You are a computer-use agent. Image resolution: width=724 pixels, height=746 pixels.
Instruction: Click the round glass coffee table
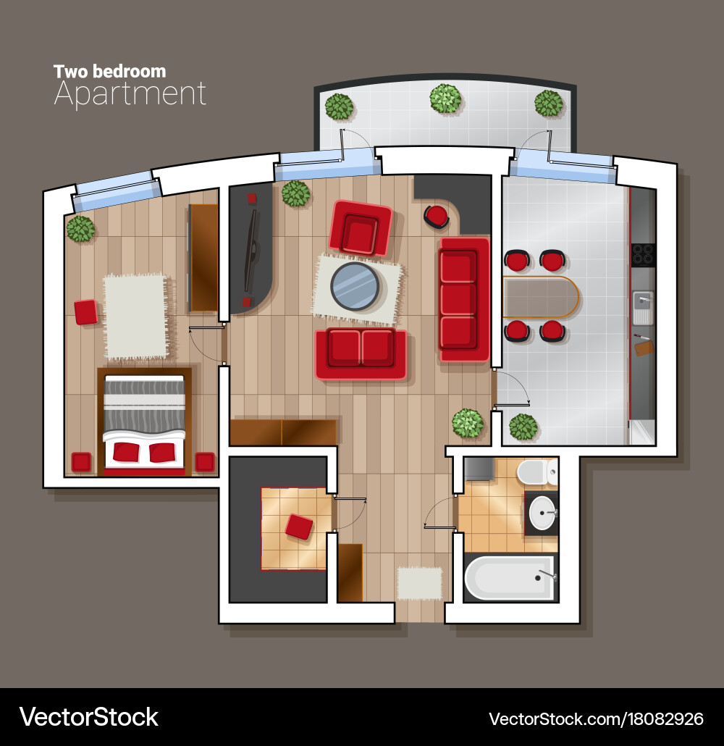click(x=355, y=285)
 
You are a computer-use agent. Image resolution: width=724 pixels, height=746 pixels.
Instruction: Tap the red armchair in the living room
click(x=360, y=228)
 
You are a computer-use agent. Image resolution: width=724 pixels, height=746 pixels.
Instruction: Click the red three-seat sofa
click(x=458, y=298)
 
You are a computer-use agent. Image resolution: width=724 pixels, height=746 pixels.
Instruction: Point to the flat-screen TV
click(x=251, y=250)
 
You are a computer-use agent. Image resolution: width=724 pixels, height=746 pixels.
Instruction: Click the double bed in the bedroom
click(x=143, y=422)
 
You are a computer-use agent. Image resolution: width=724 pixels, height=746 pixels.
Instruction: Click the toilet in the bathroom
click(x=536, y=473)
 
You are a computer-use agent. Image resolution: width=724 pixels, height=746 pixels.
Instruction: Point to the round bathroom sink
click(x=542, y=514)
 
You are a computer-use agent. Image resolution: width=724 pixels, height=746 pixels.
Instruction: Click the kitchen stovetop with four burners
click(x=641, y=253)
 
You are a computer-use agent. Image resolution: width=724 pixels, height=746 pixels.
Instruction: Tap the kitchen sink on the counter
click(x=642, y=307)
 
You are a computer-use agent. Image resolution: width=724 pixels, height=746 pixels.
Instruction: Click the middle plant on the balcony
click(x=445, y=99)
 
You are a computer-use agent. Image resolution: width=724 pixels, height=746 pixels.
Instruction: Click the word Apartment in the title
click(x=130, y=95)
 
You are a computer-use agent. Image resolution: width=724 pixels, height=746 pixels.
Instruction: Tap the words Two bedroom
click(x=109, y=71)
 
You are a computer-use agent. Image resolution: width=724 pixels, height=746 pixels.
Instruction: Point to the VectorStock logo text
click(x=88, y=717)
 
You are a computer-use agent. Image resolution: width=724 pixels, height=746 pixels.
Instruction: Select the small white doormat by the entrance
click(x=419, y=582)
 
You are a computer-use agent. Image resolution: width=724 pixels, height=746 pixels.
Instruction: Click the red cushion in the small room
click(x=299, y=526)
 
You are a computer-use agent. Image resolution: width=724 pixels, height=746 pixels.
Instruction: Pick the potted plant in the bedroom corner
click(x=80, y=229)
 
